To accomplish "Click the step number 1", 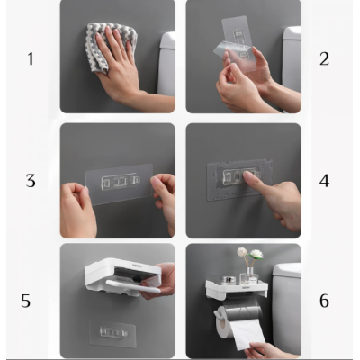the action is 31,58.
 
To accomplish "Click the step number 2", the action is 324,58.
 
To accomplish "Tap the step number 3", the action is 31,181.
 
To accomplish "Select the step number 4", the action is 324,181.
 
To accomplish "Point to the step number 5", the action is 25,301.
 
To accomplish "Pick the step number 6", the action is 324,301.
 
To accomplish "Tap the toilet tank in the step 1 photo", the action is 166,64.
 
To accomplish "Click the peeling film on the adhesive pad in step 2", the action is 235,56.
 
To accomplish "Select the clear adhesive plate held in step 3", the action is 119,184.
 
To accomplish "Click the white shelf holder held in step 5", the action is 123,277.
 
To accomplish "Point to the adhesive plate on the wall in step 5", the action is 112,333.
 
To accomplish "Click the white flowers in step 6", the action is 250,253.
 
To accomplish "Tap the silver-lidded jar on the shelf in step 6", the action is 228,280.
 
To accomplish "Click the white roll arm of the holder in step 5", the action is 133,285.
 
